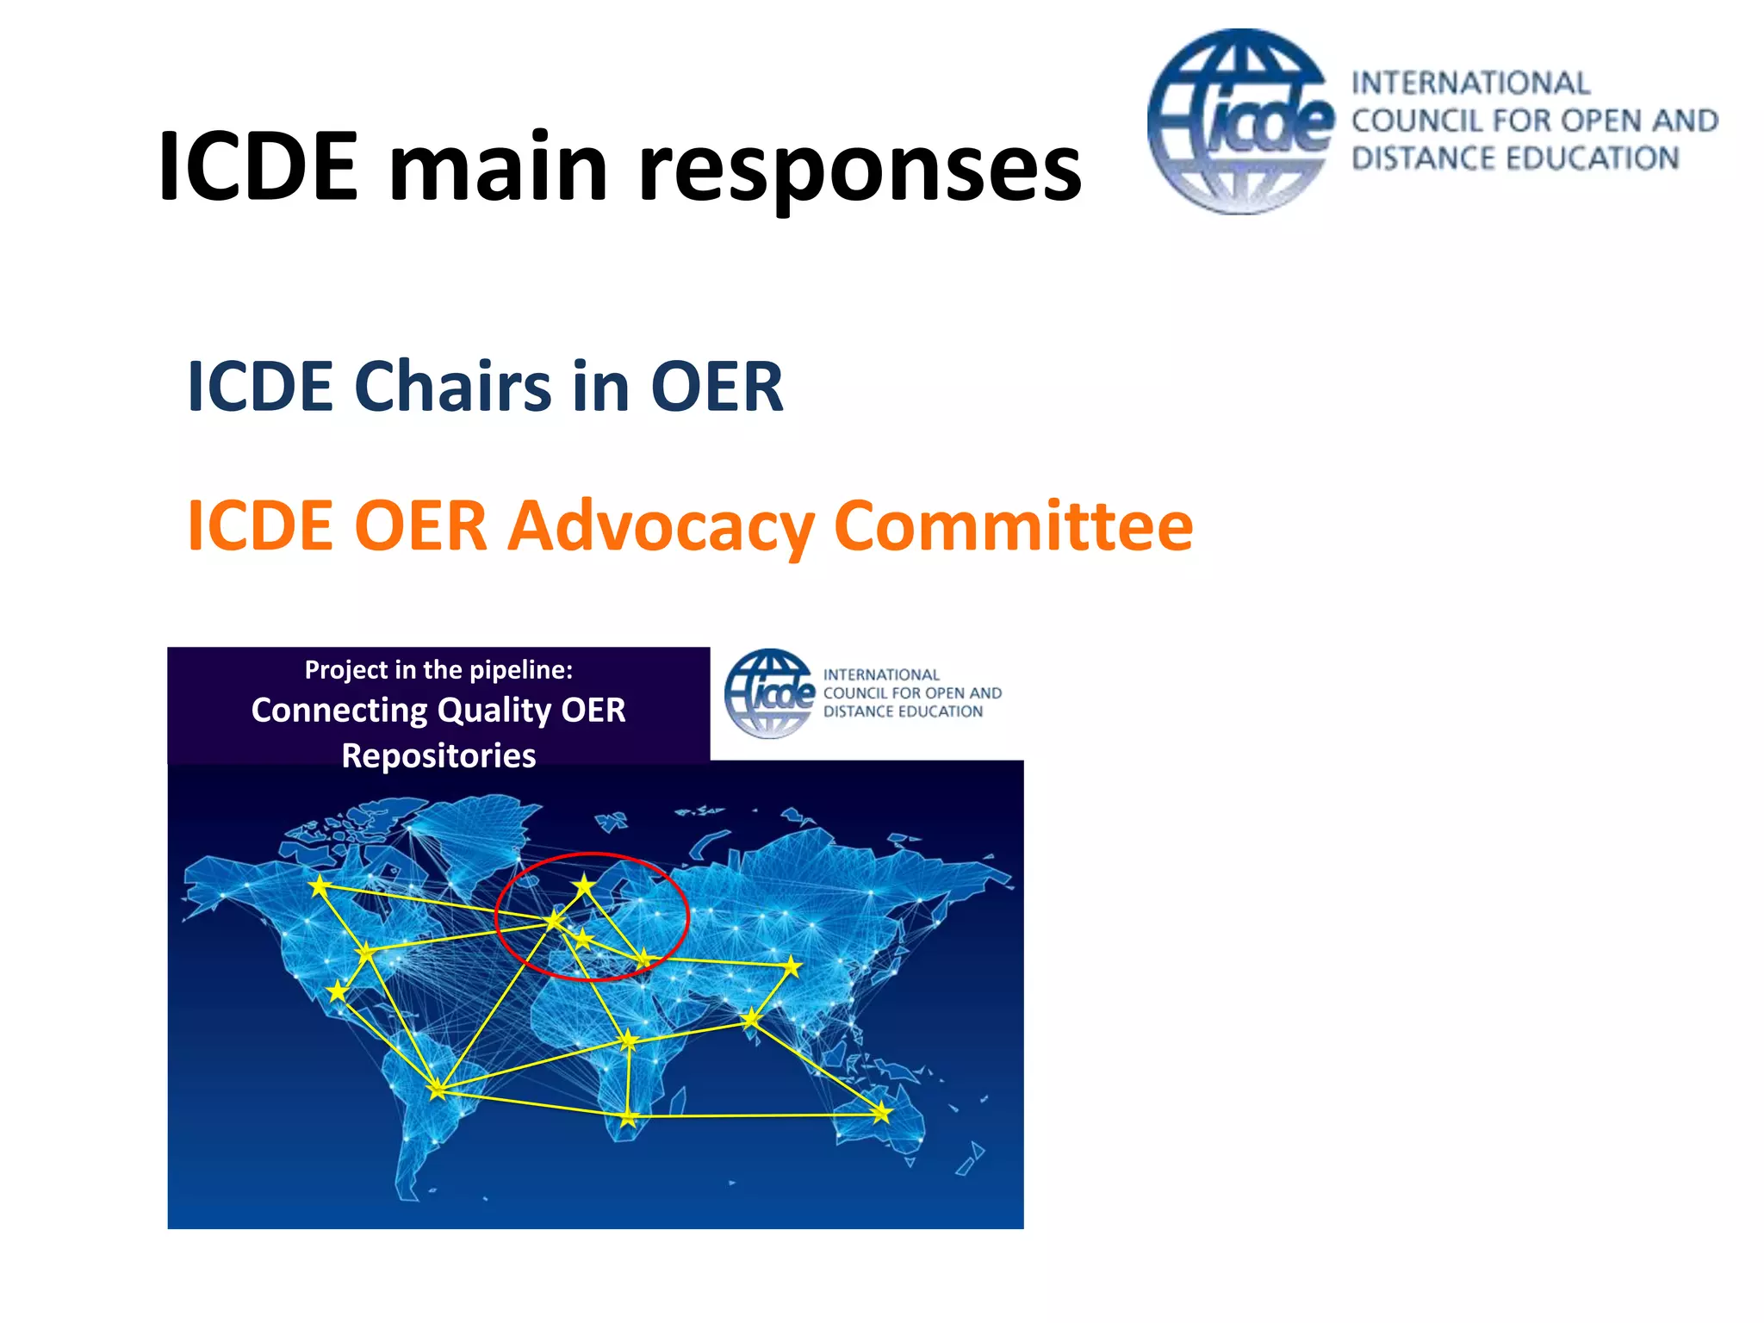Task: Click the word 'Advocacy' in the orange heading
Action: (x=661, y=525)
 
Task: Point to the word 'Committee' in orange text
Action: (x=1013, y=525)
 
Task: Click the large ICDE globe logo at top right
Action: (x=1240, y=121)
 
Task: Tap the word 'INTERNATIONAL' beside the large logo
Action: (x=1470, y=84)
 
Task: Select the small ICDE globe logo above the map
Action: (x=769, y=693)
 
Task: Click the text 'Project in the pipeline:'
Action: (x=438, y=669)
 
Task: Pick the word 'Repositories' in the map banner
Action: (x=438, y=755)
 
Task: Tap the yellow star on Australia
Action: (x=881, y=1114)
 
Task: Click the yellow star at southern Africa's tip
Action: (x=629, y=1118)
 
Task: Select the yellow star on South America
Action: (x=438, y=1090)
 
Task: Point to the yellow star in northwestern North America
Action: (x=320, y=885)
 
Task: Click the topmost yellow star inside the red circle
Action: (x=585, y=885)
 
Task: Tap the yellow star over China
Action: (x=792, y=966)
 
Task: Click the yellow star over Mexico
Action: (x=338, y=991)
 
